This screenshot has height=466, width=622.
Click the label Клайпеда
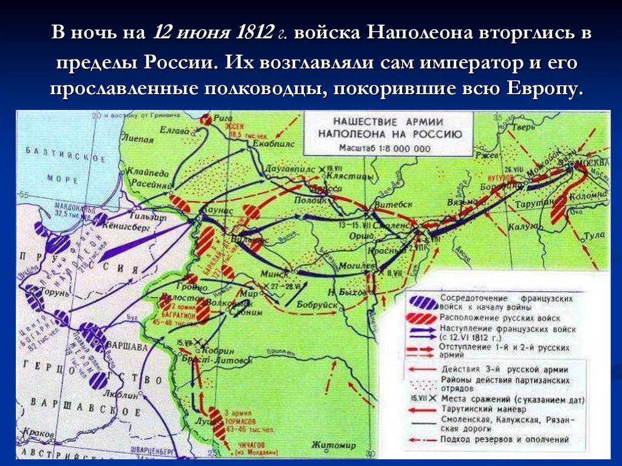143,173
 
